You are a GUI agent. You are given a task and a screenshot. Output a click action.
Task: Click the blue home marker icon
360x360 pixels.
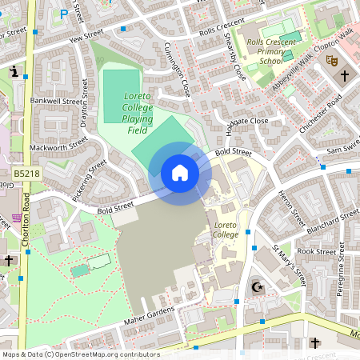coord(180,172)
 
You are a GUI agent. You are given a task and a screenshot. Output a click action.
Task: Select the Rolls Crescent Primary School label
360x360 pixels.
coord(270,50)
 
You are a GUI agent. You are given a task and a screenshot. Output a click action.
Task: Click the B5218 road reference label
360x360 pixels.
coord(26,173)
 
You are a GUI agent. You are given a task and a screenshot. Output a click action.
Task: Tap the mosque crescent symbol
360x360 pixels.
coord(258,286)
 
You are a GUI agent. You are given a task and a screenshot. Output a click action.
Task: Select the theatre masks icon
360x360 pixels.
coord(332,60)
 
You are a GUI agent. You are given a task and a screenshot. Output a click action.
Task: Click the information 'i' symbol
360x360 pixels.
coord(14,72)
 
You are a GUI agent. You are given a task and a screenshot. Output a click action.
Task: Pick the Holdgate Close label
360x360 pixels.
coord(247,121)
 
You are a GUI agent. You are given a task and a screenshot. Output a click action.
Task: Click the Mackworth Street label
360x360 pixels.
coord(58,147)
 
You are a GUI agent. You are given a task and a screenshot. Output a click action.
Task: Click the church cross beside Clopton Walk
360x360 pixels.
coord(345,76)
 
